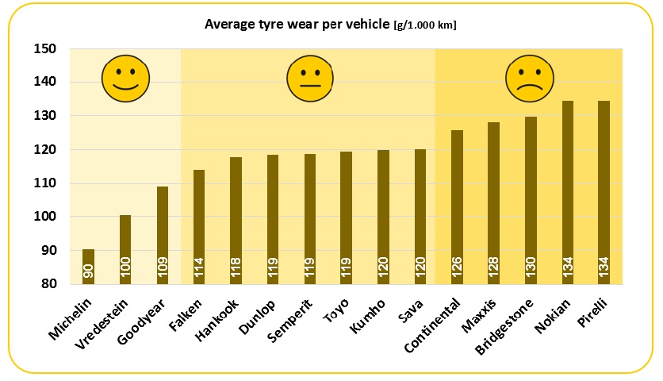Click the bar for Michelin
(x=88, y=267)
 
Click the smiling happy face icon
(x=125, y=79)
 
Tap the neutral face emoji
(x=311, y=79)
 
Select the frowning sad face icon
(x=530, y=79)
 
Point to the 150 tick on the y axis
(x=45, y=49)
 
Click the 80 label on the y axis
(x=48, y=284)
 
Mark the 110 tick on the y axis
(x=45, y=183)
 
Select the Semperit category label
(x=290, y=321)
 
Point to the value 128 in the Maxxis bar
(x=494, y=268)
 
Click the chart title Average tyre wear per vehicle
(x=297, y=25)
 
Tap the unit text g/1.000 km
(x=425, y=25)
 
